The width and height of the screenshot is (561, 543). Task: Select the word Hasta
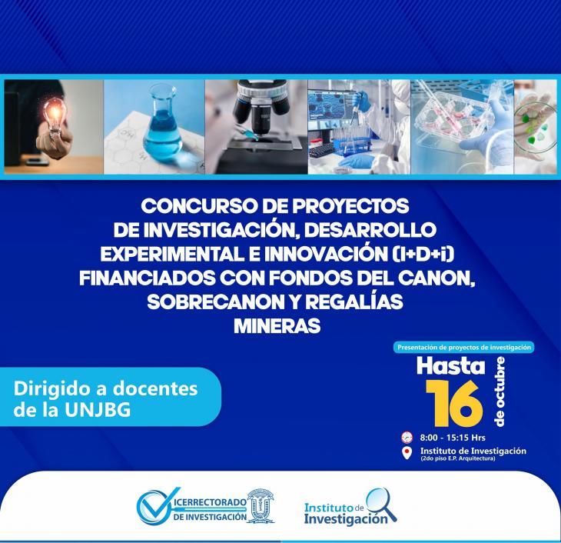coord(451,366)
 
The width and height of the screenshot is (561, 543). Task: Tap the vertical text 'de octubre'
coord(500,391)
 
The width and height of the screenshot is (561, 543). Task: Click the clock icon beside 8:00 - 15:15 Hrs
coord(407,438)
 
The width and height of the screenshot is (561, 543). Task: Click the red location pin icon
coord(407,453)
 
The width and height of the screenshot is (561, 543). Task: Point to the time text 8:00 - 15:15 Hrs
coord(453,438)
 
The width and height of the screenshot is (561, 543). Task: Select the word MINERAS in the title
coord(277,326)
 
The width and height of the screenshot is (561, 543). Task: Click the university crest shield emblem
coord(260,505)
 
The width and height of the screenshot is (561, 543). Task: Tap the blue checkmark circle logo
coord(154,506)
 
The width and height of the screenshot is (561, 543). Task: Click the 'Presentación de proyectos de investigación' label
coord(464,347)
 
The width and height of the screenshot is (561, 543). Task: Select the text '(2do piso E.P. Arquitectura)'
coord(458,458)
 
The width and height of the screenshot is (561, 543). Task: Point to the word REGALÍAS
coord(354,302)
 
